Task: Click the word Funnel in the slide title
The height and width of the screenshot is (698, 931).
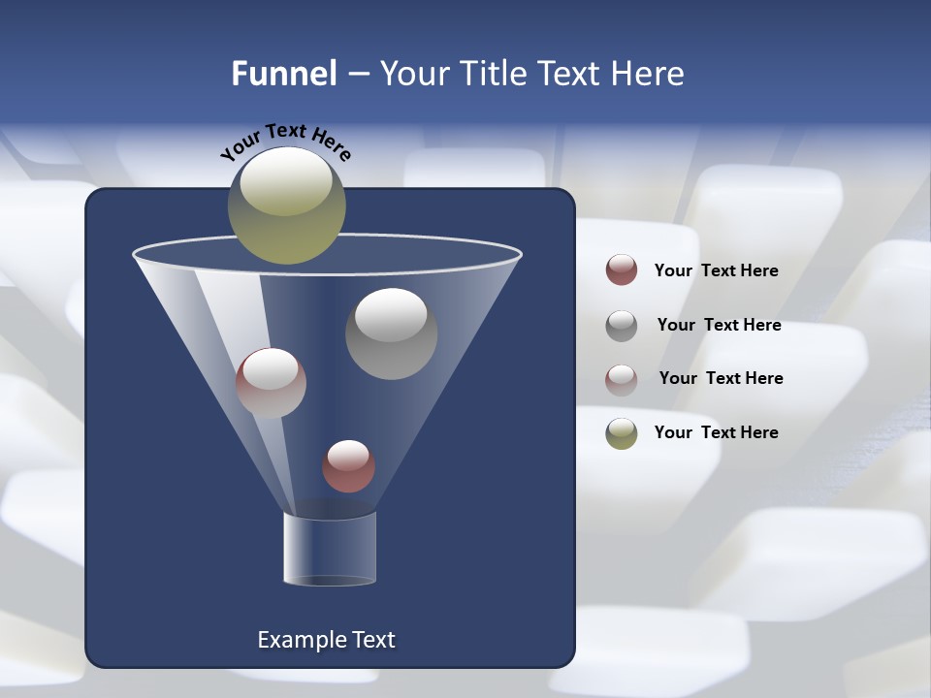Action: pyautogui.click(x=283, y=74)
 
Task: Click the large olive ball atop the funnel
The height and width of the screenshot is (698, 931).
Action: pyautogui.click(x=286, y=206)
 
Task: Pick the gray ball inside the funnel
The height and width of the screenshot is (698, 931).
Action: pyautogui.click(x=391, y=333)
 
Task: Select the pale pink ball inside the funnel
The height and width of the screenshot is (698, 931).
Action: pyautogui.click(x=271, y=383)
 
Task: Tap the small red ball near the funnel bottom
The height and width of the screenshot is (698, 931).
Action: pyautogui.click(x=348, y=466)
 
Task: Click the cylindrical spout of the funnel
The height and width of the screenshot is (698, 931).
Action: pyautogui.click(x=330, y=548)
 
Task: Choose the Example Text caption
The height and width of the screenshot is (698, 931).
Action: pyautogui.click(x=326, y=640)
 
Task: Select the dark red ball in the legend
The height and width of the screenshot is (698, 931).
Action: pyautogui.click(x=621, y=270)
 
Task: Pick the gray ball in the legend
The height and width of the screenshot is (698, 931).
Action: pyautogui.click(x=621, y=326)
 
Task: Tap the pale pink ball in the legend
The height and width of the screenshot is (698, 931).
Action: pyautogui.click(x=621, y=379)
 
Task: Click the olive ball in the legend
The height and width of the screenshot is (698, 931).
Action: pyautogui.click(x=621, y=433)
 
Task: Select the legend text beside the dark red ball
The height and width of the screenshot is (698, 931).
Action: pyautogui.click(x=716, y=270)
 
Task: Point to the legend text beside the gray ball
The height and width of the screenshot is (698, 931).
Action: pyautogui.click(x=719, y=325)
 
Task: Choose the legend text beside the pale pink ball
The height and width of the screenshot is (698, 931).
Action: pyautogui.click(x=721, y=378)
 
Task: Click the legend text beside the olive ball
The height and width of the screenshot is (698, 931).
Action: pyautogui.click(x=716, y=432)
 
